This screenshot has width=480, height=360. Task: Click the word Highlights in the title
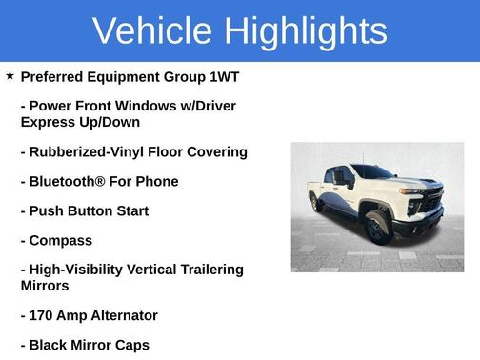[x=302, y=30]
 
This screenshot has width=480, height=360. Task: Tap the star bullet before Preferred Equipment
[x=10, y=75]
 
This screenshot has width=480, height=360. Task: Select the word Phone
[x=155, y=181]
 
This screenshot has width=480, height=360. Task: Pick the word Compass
[x=61, y=240]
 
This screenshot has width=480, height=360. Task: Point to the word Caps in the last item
[x=131, y=345]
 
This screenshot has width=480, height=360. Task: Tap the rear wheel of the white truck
[x=315, y=202]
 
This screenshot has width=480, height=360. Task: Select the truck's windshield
[x=373, y=172]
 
